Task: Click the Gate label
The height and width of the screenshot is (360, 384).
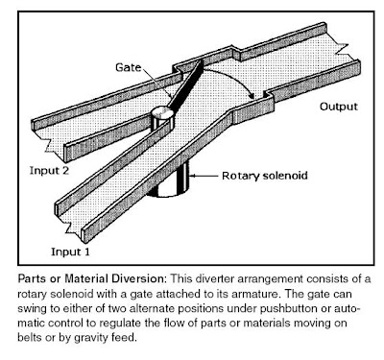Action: coord(129,68)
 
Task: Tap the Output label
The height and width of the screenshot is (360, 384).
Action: coord(339,107)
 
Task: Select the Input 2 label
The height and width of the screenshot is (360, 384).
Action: coord(49,170)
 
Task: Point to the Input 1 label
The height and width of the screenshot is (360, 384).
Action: coord(71,252)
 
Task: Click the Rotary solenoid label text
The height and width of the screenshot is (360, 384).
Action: coord(265,176)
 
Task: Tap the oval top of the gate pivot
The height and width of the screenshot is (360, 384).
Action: coord(162,112)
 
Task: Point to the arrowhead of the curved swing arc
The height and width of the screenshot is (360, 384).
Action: coord(252,95)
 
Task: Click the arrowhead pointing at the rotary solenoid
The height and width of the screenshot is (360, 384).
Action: coord(193,176)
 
